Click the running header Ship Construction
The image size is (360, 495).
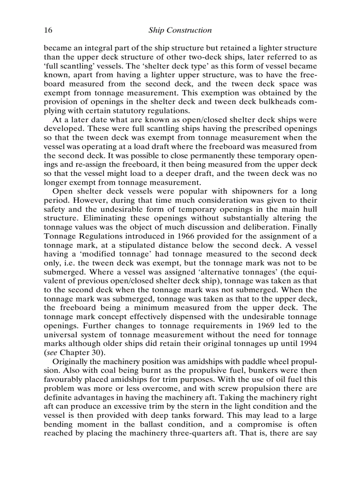pos(180,30)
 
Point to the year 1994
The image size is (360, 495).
pos(308,343)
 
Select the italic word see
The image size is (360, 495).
pos(52,353)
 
